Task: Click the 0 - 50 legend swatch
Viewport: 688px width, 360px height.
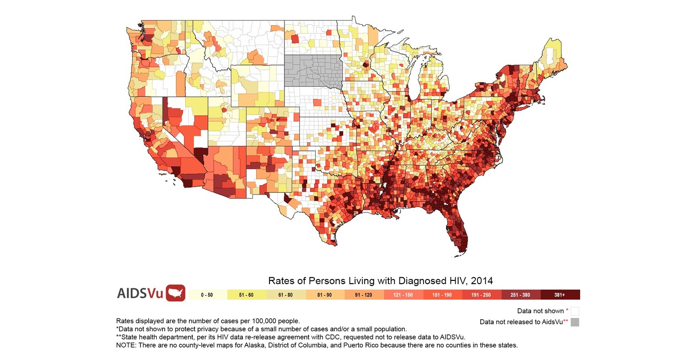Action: click(207, 295)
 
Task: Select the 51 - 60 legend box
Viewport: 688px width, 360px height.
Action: click(246, 295)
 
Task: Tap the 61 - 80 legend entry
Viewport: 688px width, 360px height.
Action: click(285, 295)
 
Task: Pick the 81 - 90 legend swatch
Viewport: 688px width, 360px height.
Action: click(324, 295)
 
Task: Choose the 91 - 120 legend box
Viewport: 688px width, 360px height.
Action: click(364, 295)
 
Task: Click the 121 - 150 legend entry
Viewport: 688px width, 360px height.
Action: click(403, 295)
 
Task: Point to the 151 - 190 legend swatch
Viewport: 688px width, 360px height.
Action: click(442, 295)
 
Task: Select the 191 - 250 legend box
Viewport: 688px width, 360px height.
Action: click(481, 295)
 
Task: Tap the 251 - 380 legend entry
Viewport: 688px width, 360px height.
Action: click(521, 295)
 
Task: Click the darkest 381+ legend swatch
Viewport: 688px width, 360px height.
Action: click(560, 295)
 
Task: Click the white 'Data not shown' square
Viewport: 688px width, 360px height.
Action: click(575, 311)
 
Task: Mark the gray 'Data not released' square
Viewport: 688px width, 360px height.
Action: click(575, 322)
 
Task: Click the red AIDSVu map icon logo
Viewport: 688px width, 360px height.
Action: click(175, 293)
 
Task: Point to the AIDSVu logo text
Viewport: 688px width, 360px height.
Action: click(140, 293)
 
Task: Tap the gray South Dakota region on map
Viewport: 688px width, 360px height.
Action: click(313, 71)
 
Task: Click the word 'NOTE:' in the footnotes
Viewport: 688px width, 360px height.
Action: click(126, 345)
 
